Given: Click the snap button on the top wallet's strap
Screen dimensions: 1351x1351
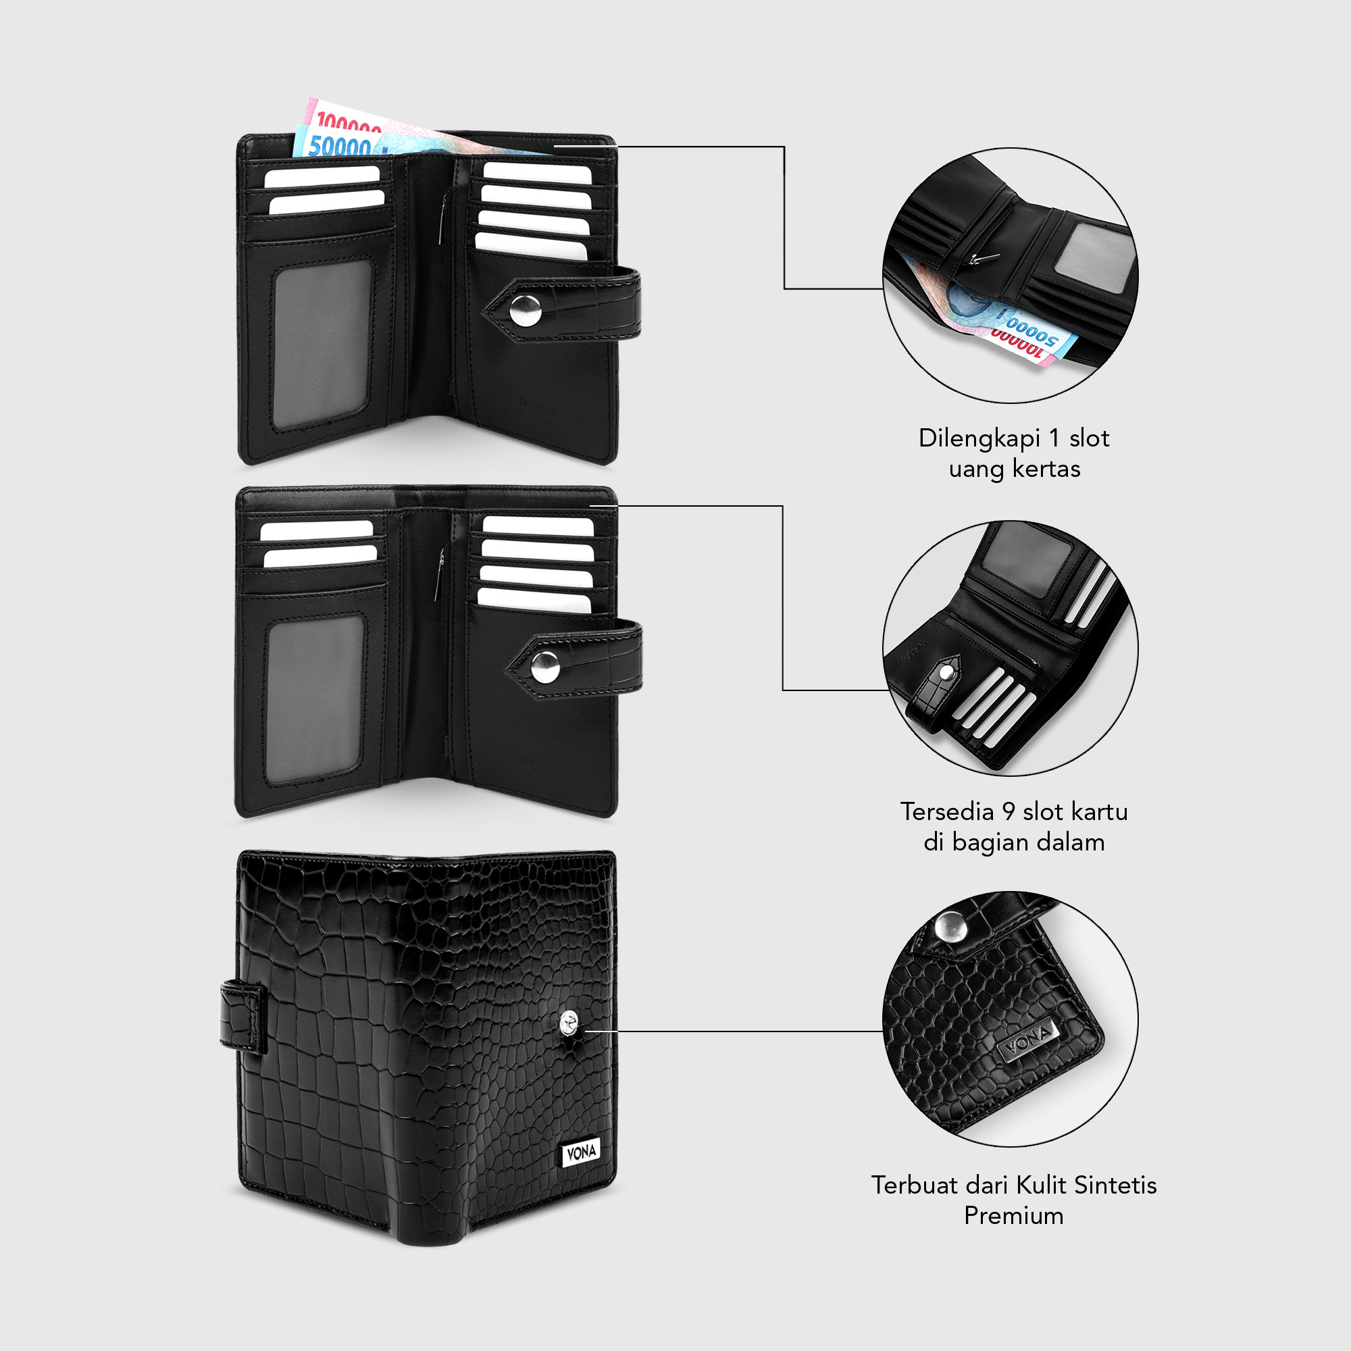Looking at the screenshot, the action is pos(525,311).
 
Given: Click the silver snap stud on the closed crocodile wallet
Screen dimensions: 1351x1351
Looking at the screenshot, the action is pos(570,1025).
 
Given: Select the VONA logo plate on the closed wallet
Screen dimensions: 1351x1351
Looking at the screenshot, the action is pos(580,1153).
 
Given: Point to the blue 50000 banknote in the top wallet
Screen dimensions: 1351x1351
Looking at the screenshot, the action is pos(339,145).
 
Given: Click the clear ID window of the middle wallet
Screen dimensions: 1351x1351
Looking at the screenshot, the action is pos(315,698).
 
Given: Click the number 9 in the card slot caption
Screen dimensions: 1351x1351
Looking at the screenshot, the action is pos(1008,812).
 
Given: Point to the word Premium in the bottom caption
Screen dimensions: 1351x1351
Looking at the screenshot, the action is pos(1013,1215).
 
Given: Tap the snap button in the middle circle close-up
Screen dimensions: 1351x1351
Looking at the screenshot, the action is pos(948,673).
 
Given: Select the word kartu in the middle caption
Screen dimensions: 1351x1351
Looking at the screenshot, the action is pos(1099,812).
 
